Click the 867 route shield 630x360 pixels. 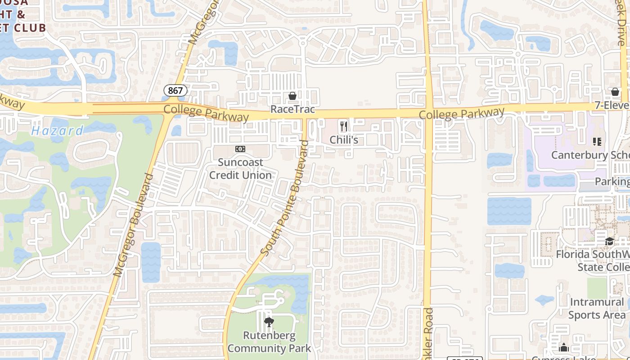(x=175, y=90)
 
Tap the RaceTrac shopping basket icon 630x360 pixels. (x=292, y=96)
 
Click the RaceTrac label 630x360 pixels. (x=292, y=109)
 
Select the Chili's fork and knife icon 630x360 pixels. (x=344, y=126)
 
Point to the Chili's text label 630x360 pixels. (x=344, y=140)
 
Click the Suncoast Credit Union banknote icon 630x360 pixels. (x=240, y=149)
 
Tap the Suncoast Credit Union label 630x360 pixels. (x=240, y=168)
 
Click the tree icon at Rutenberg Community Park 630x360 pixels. (x=269, y=322)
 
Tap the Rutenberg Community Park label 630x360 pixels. (x=269, y=342)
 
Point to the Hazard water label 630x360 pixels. (x=57, y=131)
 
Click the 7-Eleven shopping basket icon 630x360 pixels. (x=615, y=92)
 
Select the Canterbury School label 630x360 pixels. (x=590, y=155)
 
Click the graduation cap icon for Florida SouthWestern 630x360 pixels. (x=609, y=241)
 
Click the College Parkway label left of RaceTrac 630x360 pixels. (x=206, y=113)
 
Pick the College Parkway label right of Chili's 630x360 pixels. (x=462, y=113)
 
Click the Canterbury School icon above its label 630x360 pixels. (x=597, y=142)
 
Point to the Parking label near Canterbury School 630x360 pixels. (x=612, y=181)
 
